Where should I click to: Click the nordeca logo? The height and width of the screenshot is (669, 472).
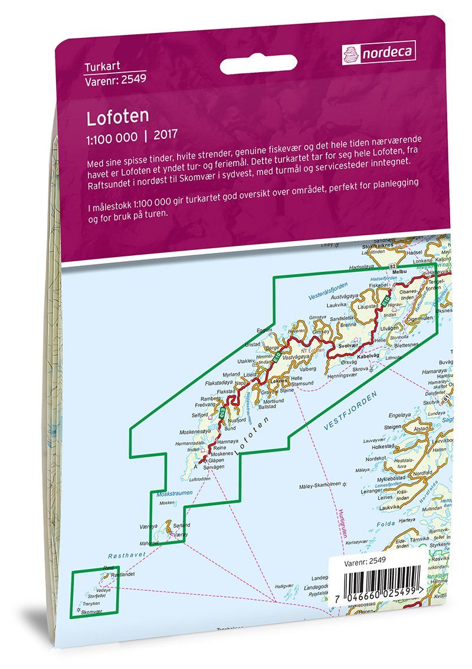point(378,53)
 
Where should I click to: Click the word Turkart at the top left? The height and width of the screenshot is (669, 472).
point(100,66)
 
